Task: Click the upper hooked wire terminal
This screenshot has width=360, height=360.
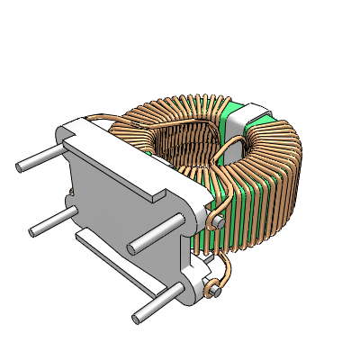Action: point(218,220)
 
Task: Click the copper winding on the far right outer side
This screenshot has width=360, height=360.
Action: point(292,180)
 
